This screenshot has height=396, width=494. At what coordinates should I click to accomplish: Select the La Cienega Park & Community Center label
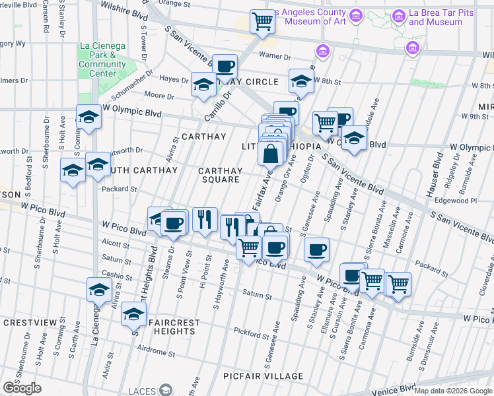(x=102, y=59)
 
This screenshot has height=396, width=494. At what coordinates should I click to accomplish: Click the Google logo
(x=22, y=388)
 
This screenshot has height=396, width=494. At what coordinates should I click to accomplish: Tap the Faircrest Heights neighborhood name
(x=174, y=327)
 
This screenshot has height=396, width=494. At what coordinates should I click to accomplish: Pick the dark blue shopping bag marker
(x=271, y=155)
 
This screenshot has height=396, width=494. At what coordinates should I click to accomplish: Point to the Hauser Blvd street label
(x=437, y=172)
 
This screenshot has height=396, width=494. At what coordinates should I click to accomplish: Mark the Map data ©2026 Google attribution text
(x=453, y=391)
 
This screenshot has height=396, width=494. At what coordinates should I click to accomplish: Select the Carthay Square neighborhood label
(x=221, y=175)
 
